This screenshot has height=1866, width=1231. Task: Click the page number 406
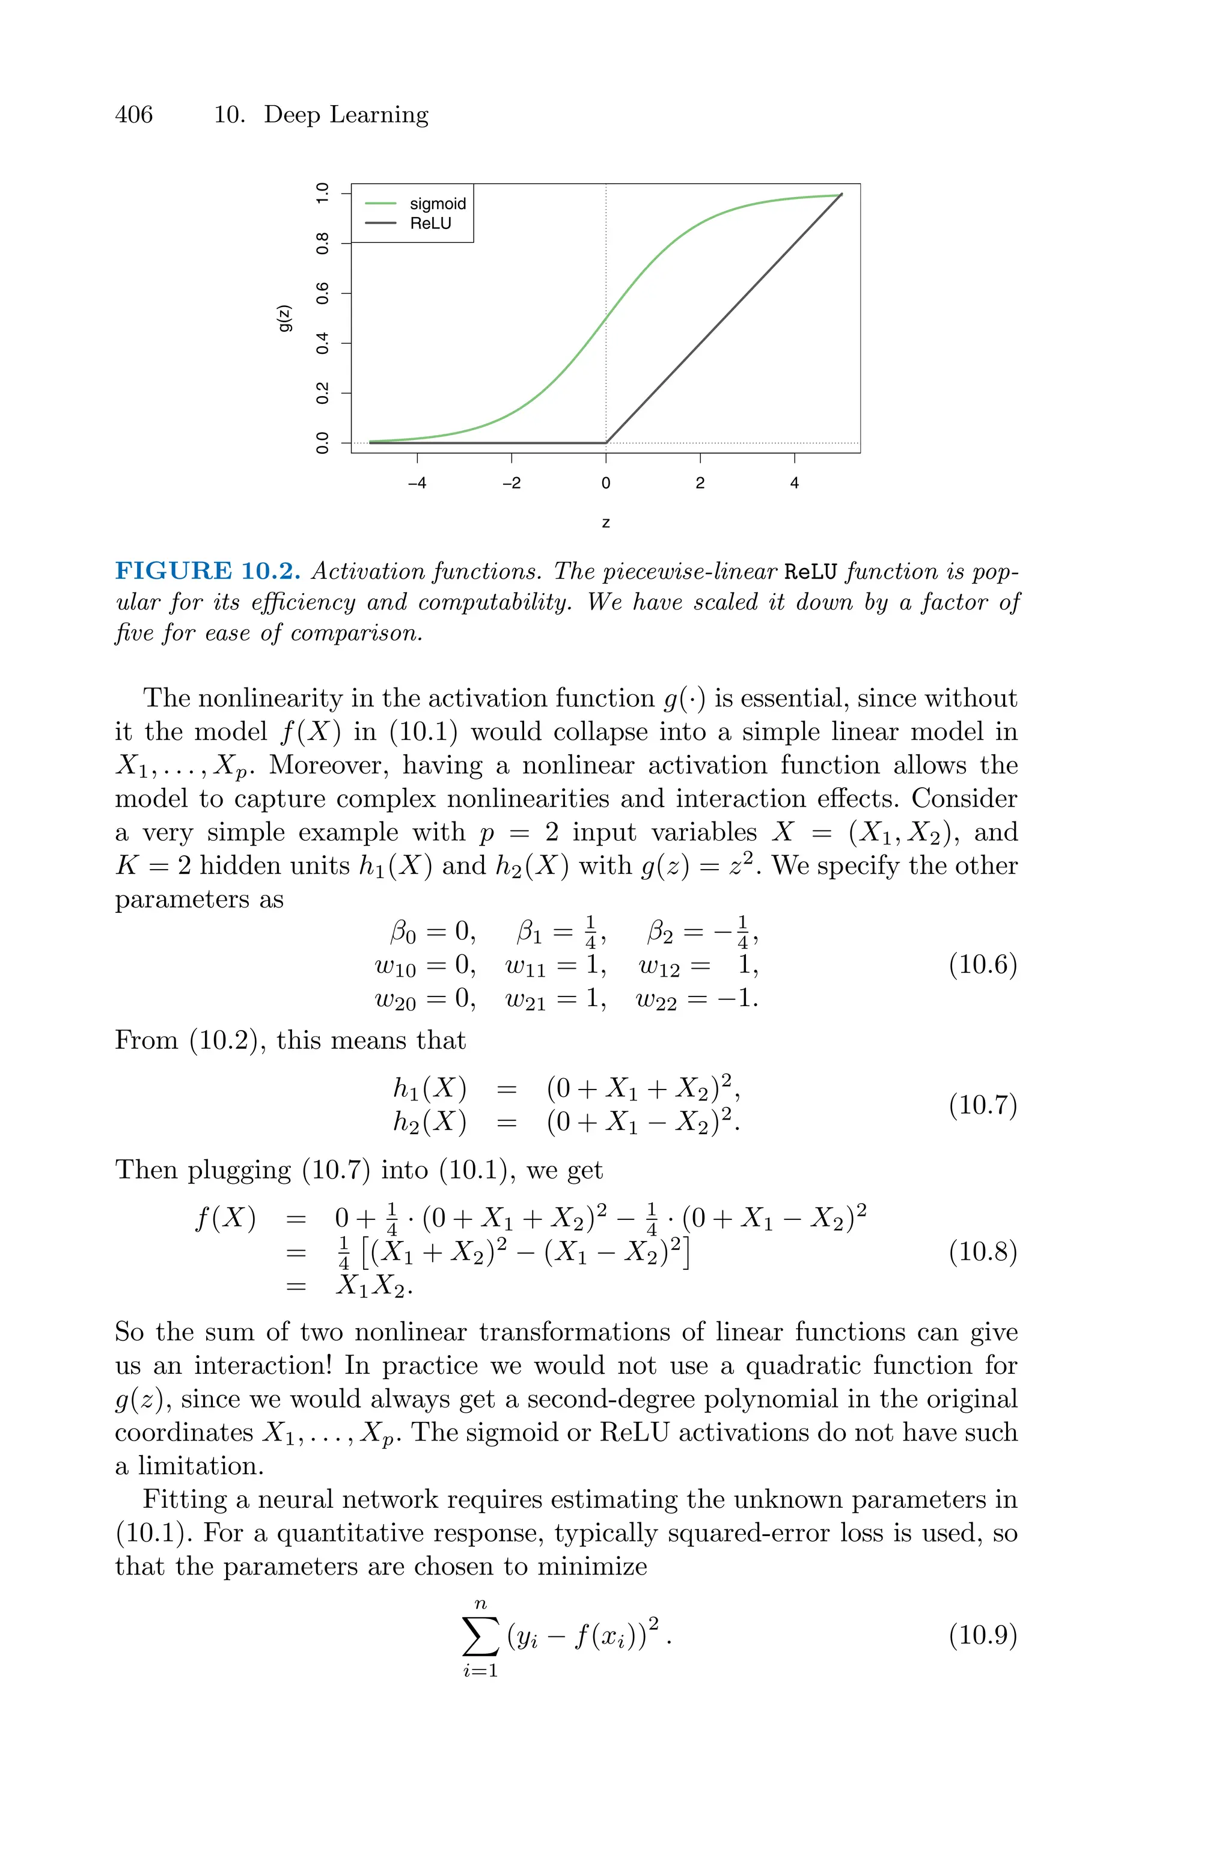point(133,115)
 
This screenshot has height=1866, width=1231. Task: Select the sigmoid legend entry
point(438,203)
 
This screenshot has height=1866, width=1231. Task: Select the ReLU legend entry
point(430,223)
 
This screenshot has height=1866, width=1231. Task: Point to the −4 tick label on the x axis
point(417,483)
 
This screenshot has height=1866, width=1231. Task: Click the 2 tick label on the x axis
point(700,483)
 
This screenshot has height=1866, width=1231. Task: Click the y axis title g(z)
point(285,317)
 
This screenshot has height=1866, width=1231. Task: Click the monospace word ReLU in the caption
point(811,572)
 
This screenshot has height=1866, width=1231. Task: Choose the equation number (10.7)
point(982,1104)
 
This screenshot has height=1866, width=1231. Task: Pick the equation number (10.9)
point(982,1635)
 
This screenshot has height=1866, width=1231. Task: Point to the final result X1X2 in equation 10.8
point(372,1286)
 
